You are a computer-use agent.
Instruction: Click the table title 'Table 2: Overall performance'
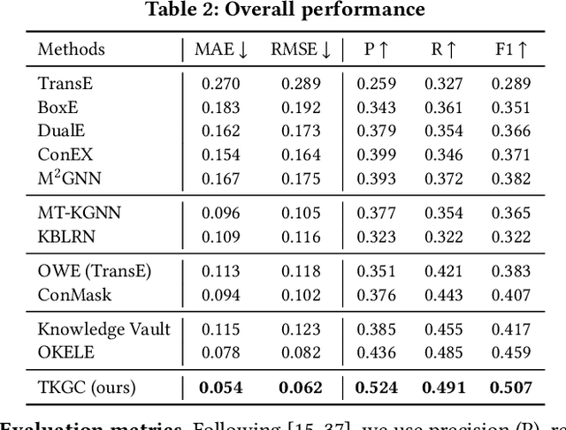pyautogui.click(x=282, y=11)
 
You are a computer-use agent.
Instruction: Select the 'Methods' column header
pyautogui.click(x=71, y=50)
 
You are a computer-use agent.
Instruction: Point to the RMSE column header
pyautogui.click(x=302, y=50)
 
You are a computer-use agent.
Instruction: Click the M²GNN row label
pyautogui.click(x=69, y=178)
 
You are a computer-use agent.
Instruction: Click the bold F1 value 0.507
pyautogui.click(x=510, y=387)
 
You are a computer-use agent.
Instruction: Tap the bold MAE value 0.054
pyautogui.click(x=219, y=387)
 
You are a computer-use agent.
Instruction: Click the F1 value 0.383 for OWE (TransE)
pyautogui.click(x=510, y=272)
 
